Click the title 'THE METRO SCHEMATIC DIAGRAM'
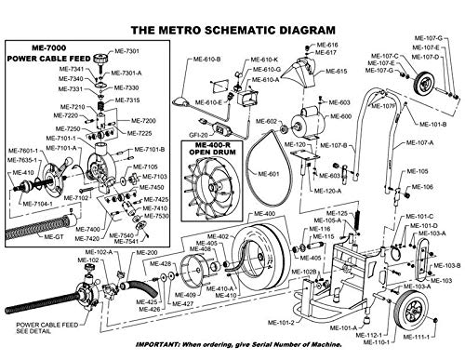(232, 28)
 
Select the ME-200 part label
(146, 253)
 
